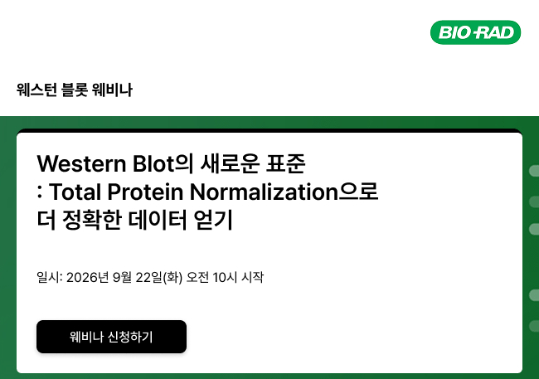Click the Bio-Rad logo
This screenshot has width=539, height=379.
pos(475,32)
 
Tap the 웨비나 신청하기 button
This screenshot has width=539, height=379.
pos(111,337)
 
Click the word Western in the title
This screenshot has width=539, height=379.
pos(82,163)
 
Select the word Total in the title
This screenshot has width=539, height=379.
pos(75,192)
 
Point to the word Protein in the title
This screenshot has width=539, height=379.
pos(145,192)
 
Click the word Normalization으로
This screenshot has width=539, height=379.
pos(284,192)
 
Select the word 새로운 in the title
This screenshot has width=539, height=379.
pos(230,163)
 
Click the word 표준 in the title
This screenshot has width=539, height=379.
pos(285,163)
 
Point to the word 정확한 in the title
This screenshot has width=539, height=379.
pos(92,220)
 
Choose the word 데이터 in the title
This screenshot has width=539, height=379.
pos(158,220)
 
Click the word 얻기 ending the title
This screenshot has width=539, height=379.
pos(213,220)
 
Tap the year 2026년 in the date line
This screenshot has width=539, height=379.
pos(88,277)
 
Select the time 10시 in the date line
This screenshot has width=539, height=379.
pos(225,277)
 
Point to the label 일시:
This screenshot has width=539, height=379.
pos(50,277)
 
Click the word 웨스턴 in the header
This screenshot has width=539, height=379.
pos(36,90)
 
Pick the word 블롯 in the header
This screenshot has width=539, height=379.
pos(75,90)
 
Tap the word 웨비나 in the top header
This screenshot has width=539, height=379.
pos(112,90)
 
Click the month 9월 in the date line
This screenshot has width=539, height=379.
pos(122,277)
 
